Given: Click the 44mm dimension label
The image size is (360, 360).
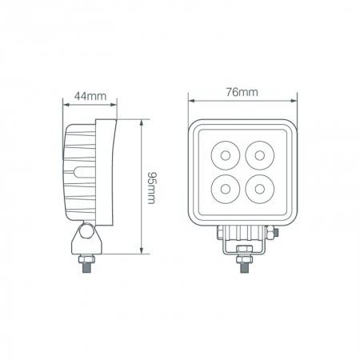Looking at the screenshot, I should tap(90, 96).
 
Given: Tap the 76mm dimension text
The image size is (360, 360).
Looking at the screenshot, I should tap(242, 91).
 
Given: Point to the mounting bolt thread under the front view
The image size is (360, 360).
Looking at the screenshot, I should tap(242, 272).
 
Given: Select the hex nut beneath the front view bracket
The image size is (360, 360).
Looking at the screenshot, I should tap(242, 258).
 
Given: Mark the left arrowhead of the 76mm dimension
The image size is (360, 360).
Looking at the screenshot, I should tap(191, 101).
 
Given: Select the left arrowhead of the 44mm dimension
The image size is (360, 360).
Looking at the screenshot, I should tap(65, 104).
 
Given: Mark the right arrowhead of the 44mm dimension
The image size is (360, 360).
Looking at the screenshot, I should tap(116, 104).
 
